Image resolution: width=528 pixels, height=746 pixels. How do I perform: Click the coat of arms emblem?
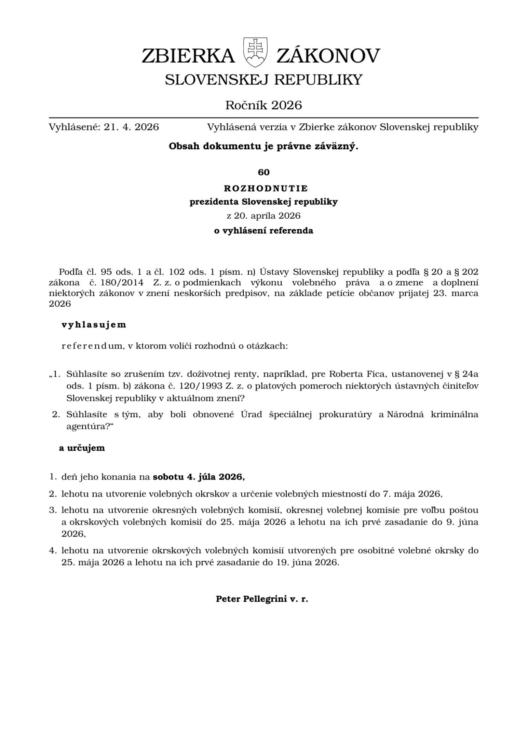(x=256, y=52)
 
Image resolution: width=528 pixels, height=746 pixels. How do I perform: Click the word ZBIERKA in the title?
(x=188, y=56)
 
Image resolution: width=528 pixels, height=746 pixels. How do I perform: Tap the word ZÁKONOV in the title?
(x=328, y=56)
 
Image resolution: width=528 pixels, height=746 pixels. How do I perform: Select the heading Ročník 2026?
(x=264, y=105)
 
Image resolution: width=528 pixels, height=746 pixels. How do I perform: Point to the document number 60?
(x=264, y=172)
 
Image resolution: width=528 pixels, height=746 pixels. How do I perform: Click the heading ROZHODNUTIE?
(x=266, y=188)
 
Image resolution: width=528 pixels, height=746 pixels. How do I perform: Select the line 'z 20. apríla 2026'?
(x=264, y=216)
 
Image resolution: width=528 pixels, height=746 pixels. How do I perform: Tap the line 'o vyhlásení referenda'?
(x=264, y=231)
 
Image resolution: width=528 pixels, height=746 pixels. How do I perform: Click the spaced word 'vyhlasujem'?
(x=94, y=325)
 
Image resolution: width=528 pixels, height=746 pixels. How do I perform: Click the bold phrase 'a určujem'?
(x=82, y=448)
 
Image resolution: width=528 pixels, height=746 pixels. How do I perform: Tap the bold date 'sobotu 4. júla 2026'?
(x=198, y=477)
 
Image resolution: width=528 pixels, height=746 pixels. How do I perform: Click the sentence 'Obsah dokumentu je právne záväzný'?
(x=263, y=146)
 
